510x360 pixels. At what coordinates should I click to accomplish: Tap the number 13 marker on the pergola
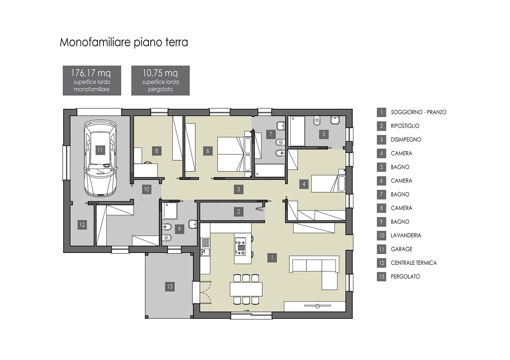point(170,286)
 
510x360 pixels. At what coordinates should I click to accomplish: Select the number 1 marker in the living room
point(272,258)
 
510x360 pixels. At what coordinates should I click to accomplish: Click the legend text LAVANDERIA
point(406,235)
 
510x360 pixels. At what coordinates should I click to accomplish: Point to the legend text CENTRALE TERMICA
point(414,263)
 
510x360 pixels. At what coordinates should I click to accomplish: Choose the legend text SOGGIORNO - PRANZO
point(419,112)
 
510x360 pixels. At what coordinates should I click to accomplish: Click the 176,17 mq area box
point(92,80)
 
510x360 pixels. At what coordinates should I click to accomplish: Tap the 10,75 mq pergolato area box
point(161,80)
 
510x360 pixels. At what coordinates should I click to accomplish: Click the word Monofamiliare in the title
point(95,42)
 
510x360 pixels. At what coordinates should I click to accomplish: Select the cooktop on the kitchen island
point(240,247)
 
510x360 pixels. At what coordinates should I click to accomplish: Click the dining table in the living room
point(246,289)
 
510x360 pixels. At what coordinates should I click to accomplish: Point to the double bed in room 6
point(234,154)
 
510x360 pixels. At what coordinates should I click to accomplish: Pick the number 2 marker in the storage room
point(239,211)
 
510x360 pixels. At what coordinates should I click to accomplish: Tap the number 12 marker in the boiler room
point(82,225)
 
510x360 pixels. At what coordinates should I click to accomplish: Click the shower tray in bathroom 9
point(170,211)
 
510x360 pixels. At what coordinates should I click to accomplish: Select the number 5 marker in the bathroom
point(324,134)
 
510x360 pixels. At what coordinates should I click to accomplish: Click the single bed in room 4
point(328,184)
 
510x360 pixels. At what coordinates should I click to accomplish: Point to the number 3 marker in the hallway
point(239,189)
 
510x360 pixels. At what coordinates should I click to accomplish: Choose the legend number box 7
point(381,194)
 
